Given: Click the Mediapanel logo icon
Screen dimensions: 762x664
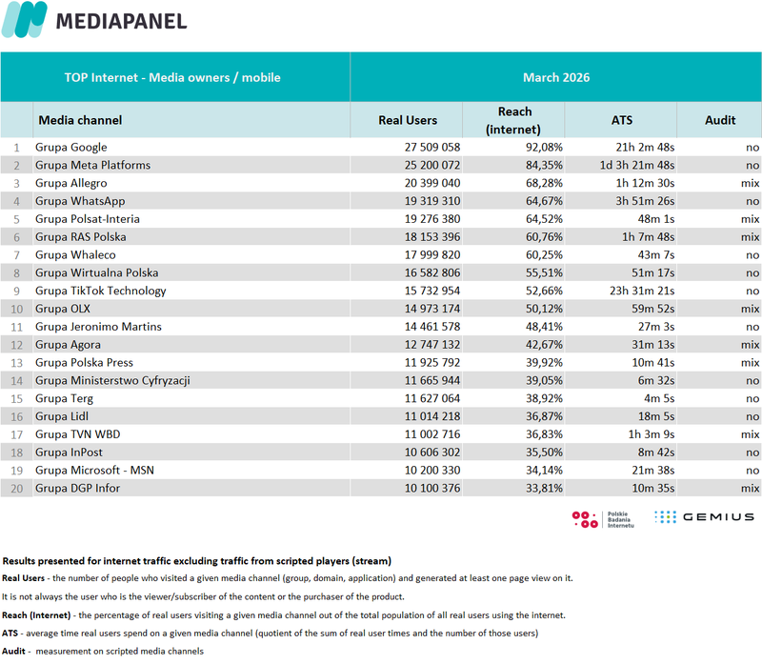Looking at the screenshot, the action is click(25, 19).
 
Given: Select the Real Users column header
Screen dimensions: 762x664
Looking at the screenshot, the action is click(408, 120).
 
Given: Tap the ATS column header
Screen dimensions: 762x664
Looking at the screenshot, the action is click(622, 120).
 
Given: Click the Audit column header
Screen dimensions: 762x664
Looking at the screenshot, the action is click(720, 120).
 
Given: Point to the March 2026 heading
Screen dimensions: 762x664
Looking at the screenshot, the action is click(556, 77).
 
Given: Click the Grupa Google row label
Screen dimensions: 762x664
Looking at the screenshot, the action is click(70, 148).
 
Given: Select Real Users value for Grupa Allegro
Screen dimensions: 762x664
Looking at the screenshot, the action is click(432, 183).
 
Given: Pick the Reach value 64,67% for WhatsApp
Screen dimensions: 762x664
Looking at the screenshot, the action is click(544, 201).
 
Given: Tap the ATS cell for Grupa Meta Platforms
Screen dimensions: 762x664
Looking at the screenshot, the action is click(636, 165).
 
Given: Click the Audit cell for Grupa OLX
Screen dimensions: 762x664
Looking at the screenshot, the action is click(750, 309).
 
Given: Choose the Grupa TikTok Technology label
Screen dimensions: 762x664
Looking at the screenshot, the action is click(101, 292).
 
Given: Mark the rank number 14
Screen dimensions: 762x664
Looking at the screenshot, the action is click(16, 381).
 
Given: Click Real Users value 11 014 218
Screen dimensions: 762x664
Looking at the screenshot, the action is click(432, 416).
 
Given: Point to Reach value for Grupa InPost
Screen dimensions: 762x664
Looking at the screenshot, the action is click(544, 453).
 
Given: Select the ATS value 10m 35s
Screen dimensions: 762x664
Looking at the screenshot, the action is click(653, 488).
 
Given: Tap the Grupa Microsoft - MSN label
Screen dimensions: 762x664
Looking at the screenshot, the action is click(94, 471).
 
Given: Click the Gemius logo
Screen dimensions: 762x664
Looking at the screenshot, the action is click(704, 517).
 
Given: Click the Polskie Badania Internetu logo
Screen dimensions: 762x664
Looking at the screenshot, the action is click(603, 519).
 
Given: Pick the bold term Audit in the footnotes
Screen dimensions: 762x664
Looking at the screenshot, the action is click(13, 652).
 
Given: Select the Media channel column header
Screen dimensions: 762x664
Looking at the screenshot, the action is click(80, 120).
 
